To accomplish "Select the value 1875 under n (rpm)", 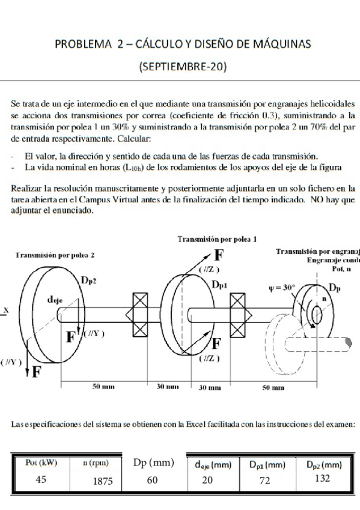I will pyautogui.click(x=103, y=481).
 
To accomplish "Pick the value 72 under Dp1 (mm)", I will pyautogui.click(x=266, y=481).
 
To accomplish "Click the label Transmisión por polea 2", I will pyautogui.click(x=55, y=255).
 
